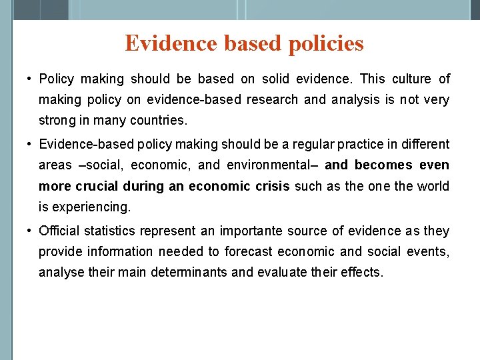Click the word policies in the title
point(326,44)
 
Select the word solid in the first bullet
point(275,79)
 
